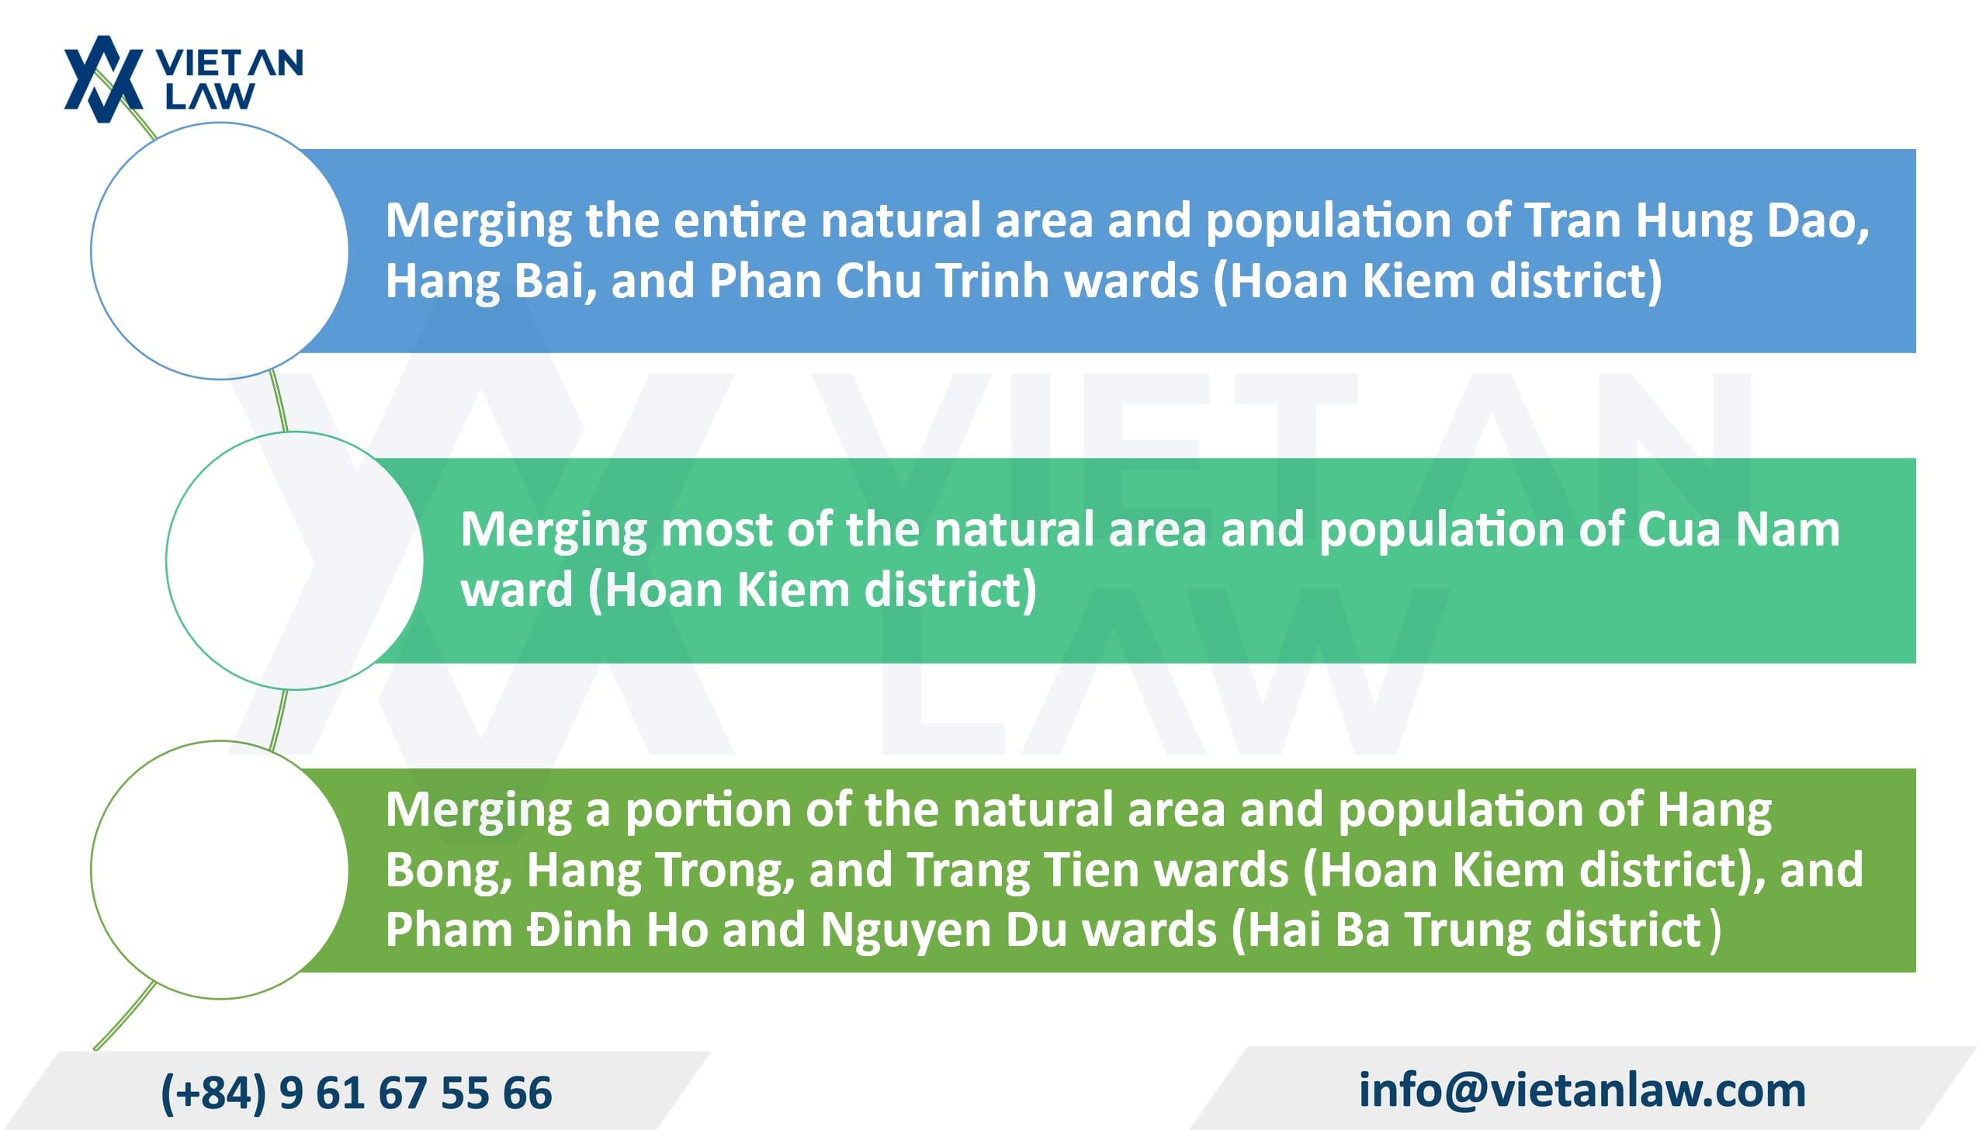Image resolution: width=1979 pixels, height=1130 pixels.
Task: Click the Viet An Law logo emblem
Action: coord(103,79)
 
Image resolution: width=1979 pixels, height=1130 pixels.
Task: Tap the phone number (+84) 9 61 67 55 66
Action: coord(356,1093)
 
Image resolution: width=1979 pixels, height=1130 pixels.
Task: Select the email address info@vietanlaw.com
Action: coord(1582,1090)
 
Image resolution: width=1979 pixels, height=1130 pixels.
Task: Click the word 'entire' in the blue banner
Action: coord(740,220)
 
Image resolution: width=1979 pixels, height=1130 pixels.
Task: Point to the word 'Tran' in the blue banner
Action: coord(1572,220)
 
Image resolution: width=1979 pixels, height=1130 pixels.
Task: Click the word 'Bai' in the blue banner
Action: coord(555,282)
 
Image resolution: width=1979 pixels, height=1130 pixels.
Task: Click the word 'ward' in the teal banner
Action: coord(517,591)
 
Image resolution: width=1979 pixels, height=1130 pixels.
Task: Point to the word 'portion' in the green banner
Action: coord(708,811)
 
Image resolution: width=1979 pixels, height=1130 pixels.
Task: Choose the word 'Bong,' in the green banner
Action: coord(449,872)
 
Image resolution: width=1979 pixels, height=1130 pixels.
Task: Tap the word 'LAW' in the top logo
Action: coord(210,96)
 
